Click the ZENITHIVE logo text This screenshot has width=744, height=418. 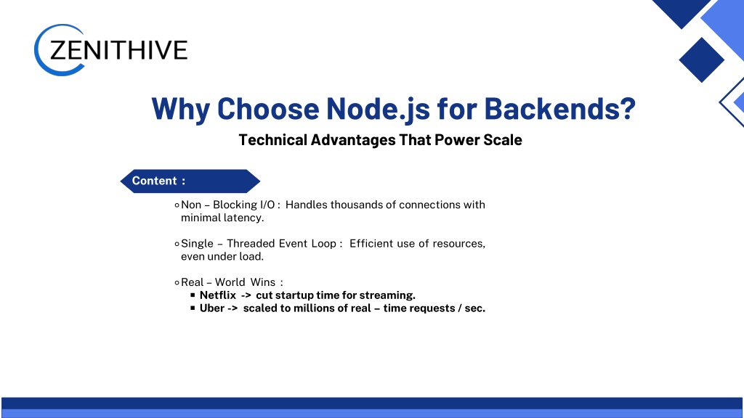click(118, 50)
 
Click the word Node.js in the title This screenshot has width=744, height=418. click(378, 109)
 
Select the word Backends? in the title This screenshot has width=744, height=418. click(560, 109)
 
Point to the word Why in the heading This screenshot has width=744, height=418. click(181, 110)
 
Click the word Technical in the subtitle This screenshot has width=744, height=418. click(273, 140)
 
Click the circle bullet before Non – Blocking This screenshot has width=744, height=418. click(177, 205)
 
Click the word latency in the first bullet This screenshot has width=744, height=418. click(244, 218)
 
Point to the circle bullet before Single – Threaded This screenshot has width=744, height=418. click(177, 244)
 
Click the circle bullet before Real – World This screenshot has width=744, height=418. click(177, 283)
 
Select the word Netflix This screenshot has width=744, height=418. click(218, 295)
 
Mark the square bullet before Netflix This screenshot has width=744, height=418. click(193, 295)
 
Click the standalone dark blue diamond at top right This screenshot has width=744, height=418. click(701, 60)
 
